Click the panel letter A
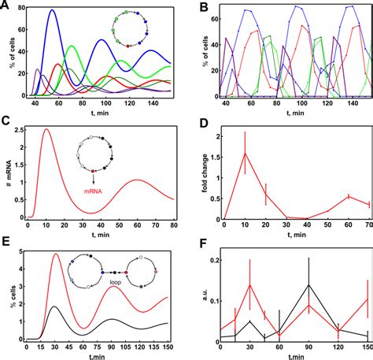click(x=6, y=6)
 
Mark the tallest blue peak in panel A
click(x=52, y=11)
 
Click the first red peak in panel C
click(x=46, y=130)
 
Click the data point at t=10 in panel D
click(x=244, y=153)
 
